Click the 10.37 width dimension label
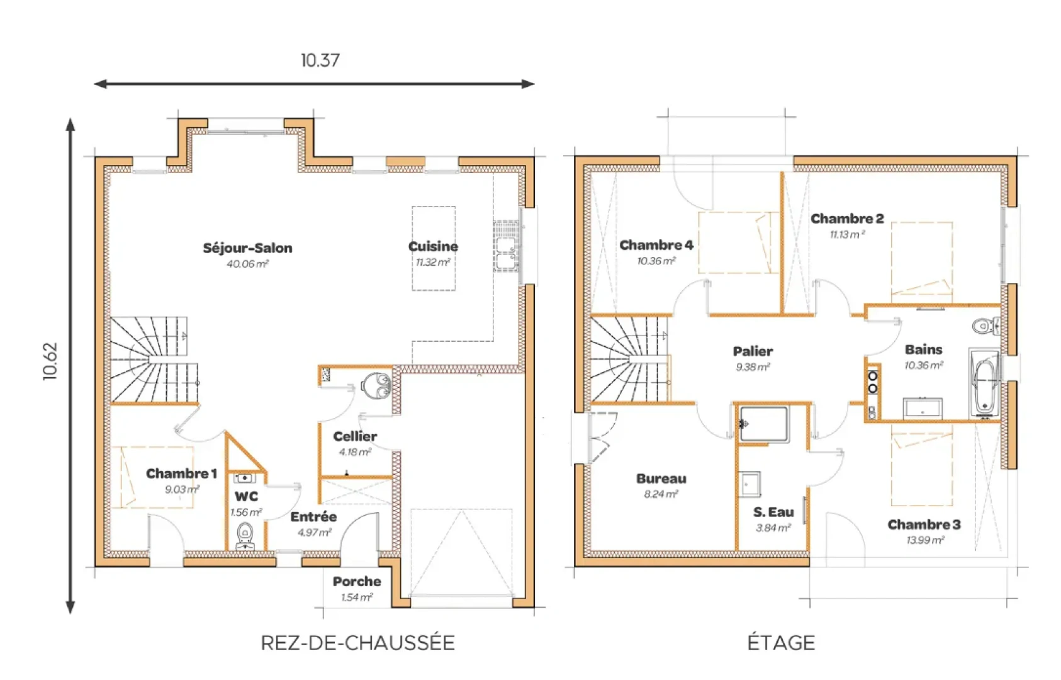coord(320,60)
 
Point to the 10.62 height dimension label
coord(50,361)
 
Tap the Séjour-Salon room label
coord(247,248)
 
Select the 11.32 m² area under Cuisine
coord(433,262)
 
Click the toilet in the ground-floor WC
coord(245,535)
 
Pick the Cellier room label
coord(355,436)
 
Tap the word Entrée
coord(313,516)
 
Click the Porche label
coord(357,581)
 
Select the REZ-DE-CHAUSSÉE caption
coord(357,643)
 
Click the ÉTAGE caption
coord(781,643)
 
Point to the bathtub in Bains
coord(984,383)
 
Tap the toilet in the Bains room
coord(986,326)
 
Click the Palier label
coord(753,351)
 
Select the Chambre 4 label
coord(656,245)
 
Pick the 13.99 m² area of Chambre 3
coord(925,540)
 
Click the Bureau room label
coord(661,479)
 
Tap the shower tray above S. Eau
coord(763,424)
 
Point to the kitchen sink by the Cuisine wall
coord(507,246)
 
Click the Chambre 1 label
coord(181,473)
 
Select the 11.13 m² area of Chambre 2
coord(847,235)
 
